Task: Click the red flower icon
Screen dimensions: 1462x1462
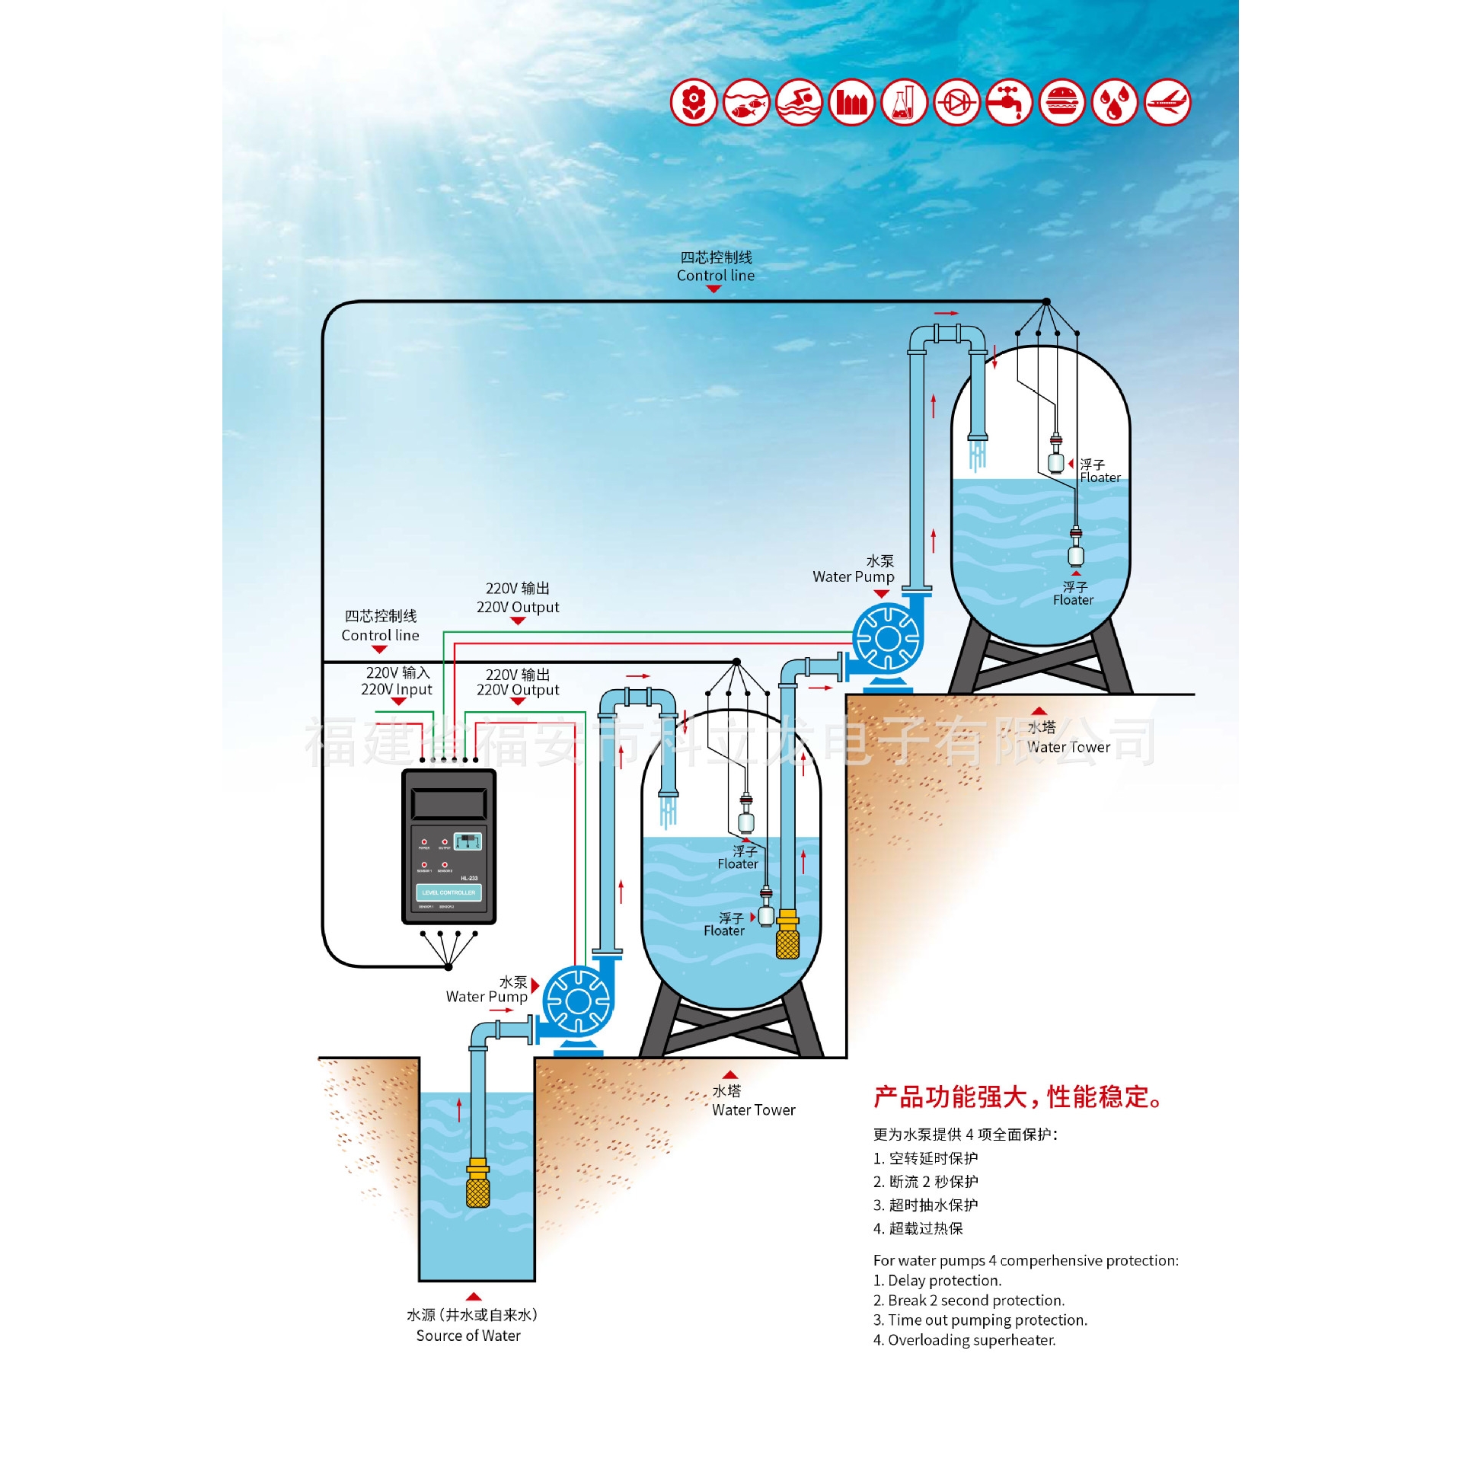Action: [693, 102]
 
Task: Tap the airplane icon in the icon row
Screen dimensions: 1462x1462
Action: [1167, 102]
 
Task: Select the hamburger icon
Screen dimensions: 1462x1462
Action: [1061, 102]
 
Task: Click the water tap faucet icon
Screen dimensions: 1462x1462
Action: [1009, 102]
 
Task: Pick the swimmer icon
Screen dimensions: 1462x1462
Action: [799, 102]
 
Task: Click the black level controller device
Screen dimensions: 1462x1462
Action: [448, 846]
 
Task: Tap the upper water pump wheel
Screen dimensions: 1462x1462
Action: [887, 638]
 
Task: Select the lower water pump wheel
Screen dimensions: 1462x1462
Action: [578, 1001]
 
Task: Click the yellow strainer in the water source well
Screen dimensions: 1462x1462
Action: [477, 1185]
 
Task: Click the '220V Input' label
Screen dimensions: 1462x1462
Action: [396, 689]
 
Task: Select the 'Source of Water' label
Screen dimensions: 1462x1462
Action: [468, 1336]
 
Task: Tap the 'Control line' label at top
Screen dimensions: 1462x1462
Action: [716, 276]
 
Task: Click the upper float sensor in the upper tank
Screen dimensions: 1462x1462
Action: [1055, 457]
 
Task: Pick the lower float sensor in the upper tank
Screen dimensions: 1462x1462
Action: [1075, 550]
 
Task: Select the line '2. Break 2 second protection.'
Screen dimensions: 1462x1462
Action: [969, 1301]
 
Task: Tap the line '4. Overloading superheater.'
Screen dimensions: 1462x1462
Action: [964, 1340]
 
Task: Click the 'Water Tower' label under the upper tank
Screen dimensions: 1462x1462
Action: [1068, 747]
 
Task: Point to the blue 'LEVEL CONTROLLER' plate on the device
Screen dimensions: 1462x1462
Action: [448, 892]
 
